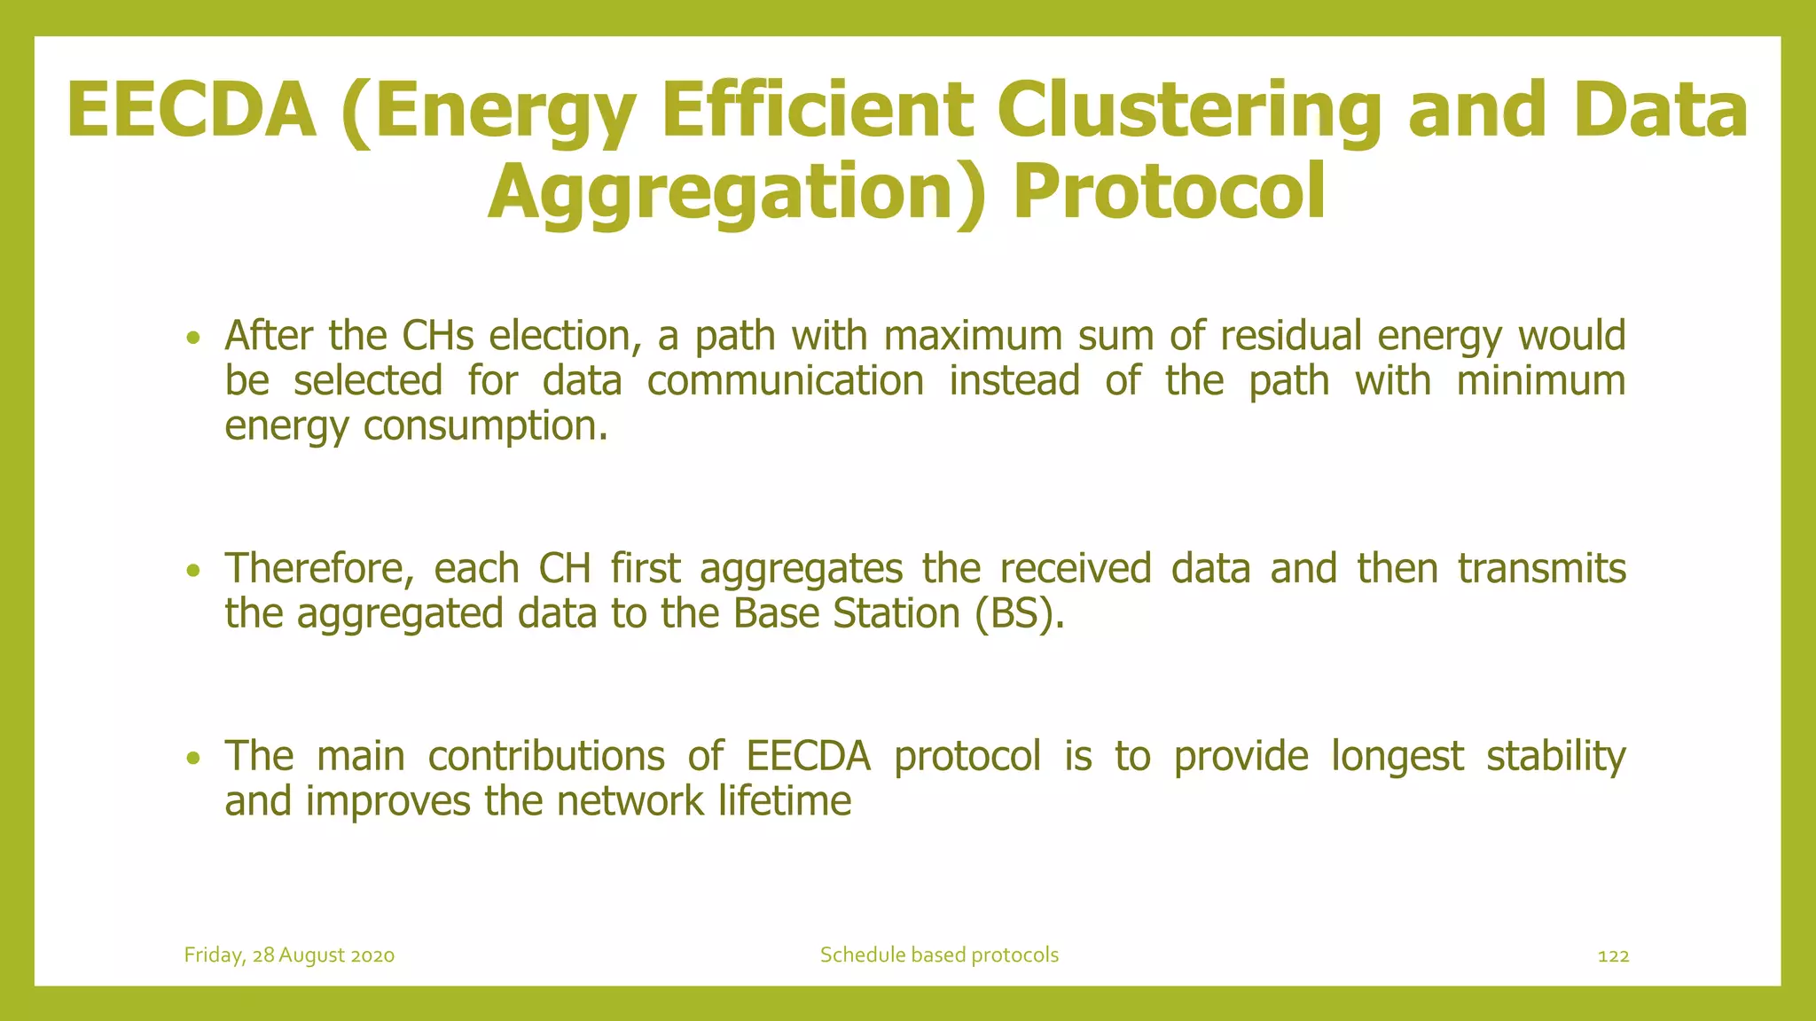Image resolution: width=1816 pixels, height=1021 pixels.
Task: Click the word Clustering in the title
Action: pyautogui.click(x=1188, y=111)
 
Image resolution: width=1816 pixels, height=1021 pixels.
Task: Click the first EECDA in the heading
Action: pyautogui.click(x=191, y=111)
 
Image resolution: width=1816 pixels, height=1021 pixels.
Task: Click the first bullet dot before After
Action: pyautogui.click(x=194, y=338)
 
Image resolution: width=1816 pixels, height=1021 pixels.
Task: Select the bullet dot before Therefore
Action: pyautogui.click(x=194, y=570)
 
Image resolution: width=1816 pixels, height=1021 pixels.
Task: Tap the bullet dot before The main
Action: pyautogui.click(x=194, y=758)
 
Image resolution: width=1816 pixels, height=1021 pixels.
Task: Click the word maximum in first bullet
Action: pyautogui.click(x=973, y=336)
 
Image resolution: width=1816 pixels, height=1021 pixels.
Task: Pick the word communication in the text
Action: pyautogui.click(x=785, y=381)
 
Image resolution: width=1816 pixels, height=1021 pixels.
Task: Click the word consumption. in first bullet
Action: pyautogui.click(x=486, y=426)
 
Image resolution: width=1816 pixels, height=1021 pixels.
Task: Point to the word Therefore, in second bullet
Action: pyautogui.click(x=319, y=568)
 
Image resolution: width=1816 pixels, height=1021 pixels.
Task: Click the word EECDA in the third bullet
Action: pyautogui.click(x=808, y=756)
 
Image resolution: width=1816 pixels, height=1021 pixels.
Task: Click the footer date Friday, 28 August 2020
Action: pyautogui.click(x=289, y=955)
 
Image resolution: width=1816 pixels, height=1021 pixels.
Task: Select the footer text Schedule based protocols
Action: pyautogui.click(x=939, y=955)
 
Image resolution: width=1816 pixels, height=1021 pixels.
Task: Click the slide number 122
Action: pyautogui.click(x=1613, y=956)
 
